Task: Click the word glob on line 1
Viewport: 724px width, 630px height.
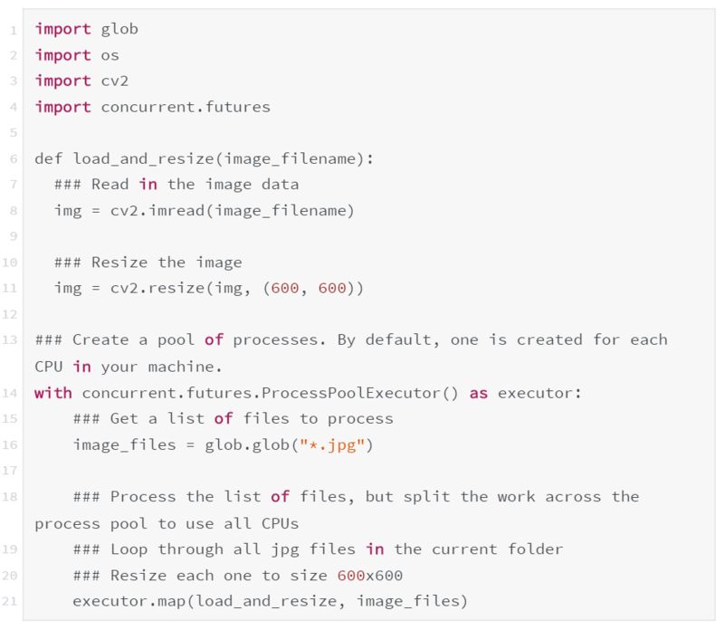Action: (x=119, y=29)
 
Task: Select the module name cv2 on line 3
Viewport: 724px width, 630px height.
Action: (x=115, y=81)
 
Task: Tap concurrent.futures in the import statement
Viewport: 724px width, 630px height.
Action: (x=186, y=107)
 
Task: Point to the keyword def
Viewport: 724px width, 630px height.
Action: (x=49, y=159)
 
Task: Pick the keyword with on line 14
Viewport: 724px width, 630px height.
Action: (x=53, y=393)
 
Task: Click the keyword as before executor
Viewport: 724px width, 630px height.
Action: (x=479, y=393)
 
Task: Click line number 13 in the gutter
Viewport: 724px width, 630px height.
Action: (x=12, y=340)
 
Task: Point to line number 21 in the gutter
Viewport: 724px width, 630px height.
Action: (x=12, y=601)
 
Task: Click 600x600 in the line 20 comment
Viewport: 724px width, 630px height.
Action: (x=370, y=575)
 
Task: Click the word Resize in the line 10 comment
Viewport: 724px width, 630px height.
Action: (x=124, y=262)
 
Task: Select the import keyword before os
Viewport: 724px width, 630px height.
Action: (x=62, y=55)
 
